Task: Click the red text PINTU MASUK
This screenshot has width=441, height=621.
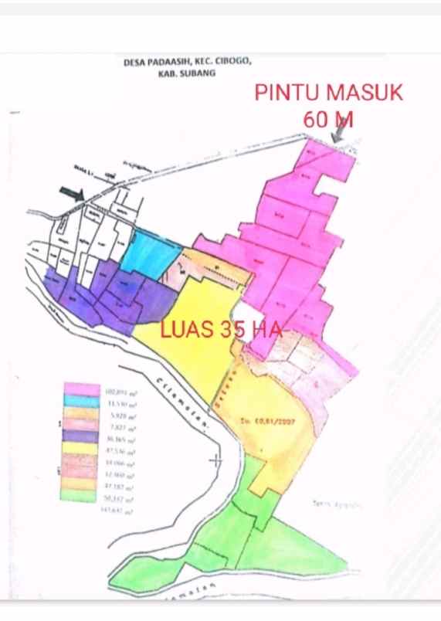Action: [329, 93]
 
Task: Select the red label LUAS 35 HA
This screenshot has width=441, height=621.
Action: [221, 330]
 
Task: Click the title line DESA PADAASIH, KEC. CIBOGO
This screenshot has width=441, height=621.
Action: [187, 63]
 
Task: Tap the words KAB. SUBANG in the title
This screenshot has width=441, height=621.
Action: [187, 73]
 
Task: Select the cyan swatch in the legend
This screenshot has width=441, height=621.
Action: [82, 402]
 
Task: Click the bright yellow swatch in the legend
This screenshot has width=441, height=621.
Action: [82, 450]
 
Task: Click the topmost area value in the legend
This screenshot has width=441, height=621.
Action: [121, 392]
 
